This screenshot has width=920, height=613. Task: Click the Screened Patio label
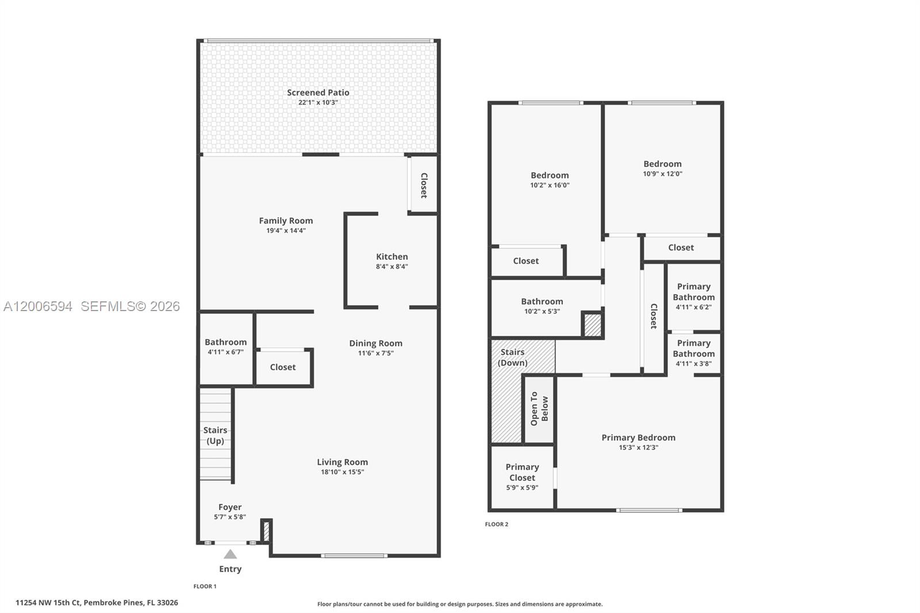(318, 93)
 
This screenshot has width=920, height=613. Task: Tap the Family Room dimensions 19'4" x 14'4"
(286, 231)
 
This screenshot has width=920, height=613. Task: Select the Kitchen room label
(392, 257)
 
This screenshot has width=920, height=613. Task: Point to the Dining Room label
(375, 343)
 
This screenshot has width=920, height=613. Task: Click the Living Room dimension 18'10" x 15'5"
(342, 472)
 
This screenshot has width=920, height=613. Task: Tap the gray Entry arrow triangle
(230, 554)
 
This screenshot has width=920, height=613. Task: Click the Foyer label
(229, 507)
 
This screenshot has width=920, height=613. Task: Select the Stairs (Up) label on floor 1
(215, 435)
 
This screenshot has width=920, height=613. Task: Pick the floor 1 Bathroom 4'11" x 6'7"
(225, 346)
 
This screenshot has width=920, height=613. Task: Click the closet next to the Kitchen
(424, 185)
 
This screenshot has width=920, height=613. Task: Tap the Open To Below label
(539, 409)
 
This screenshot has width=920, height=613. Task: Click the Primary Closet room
(522, 477)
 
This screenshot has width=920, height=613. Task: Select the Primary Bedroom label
(638, 438)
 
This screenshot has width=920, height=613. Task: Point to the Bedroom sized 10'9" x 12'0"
(662, 168)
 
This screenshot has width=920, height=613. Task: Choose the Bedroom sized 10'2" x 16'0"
(550, 179)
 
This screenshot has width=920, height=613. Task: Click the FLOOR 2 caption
(496, 524)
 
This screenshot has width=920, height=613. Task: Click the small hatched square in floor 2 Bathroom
(592, 325)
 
